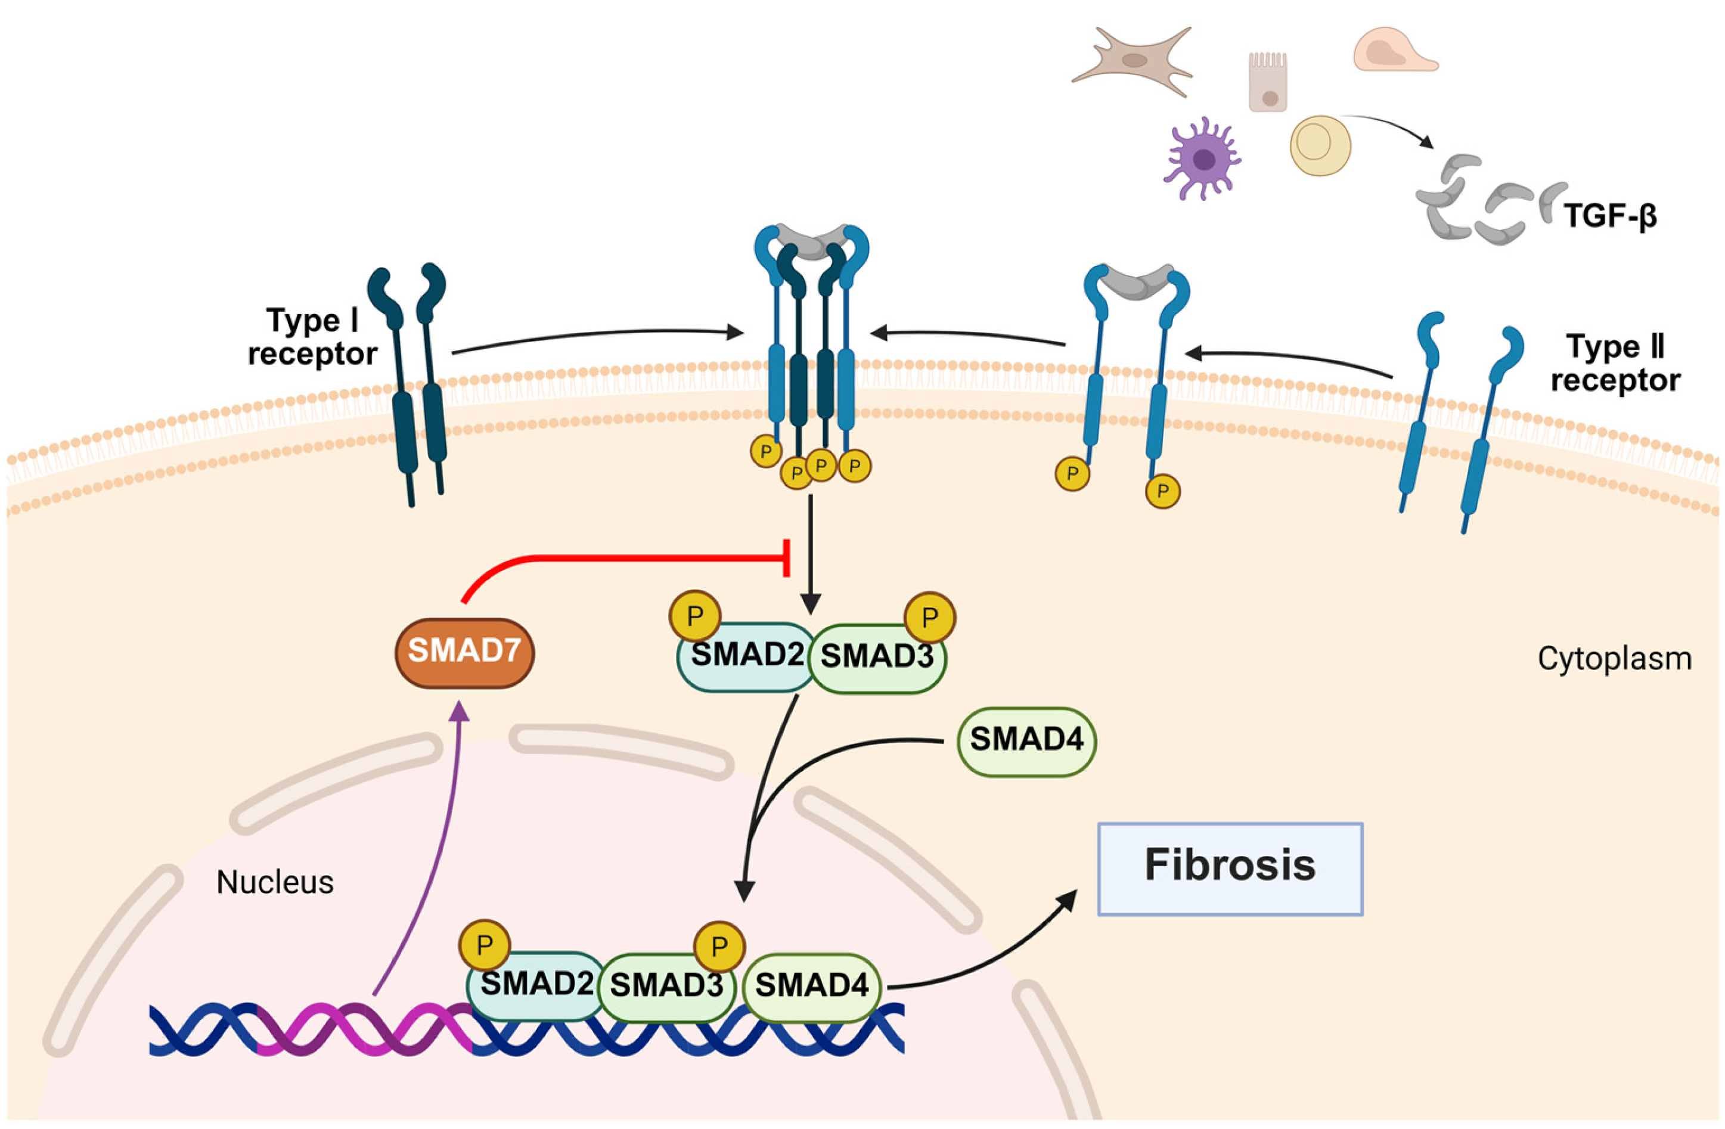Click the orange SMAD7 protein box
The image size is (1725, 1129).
464,653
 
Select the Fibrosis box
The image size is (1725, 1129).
1230,869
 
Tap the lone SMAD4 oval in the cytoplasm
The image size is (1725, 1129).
1026,742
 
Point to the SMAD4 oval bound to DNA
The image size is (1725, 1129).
812,987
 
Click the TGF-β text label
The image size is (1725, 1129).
1611,216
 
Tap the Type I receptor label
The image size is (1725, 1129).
312,337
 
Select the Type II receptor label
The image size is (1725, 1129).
1615,363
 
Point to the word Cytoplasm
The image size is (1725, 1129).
1615,659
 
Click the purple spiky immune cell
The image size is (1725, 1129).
1202,158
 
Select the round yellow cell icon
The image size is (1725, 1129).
1320,145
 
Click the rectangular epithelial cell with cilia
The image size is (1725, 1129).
1268,81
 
